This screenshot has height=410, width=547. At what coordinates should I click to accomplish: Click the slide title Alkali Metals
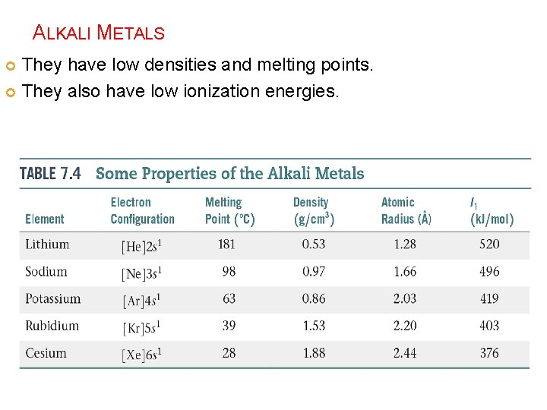click(99, 33)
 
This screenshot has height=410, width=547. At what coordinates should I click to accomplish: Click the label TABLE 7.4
click(50, 173)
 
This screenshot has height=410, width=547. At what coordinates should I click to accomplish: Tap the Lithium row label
click(47, 244)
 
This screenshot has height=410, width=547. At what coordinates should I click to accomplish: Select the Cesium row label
click(46, 353)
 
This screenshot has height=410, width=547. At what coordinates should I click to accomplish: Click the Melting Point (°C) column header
click(229, 211)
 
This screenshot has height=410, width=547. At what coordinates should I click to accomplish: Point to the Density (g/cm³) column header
click(314, 211)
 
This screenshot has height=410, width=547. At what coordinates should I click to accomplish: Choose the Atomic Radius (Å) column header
click(406, 211)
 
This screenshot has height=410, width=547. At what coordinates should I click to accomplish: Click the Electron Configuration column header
click(142, 211)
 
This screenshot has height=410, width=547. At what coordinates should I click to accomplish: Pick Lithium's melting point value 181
click(226, 244)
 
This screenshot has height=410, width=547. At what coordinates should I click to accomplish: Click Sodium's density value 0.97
click(314, 272)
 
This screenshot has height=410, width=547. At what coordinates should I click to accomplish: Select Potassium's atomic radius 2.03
click(405, 299)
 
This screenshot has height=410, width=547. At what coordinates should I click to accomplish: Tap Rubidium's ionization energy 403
click(489, 326)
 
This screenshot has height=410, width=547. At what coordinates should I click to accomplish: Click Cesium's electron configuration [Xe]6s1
click(142, 355)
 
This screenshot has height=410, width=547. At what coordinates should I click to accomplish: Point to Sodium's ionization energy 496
click(489, 272)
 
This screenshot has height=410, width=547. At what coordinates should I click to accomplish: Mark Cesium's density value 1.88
click(314, 353)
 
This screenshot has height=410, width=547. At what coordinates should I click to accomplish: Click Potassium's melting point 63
click(229, 299)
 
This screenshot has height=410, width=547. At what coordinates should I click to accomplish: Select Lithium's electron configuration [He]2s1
click(142, 246)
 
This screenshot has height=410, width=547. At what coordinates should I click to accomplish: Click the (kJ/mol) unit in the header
click(492, 219)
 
